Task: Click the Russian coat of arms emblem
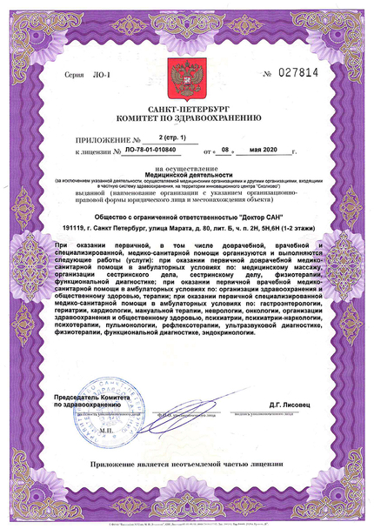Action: click(x=186, y=77)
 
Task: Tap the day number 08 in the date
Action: click(x=224, y=151)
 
